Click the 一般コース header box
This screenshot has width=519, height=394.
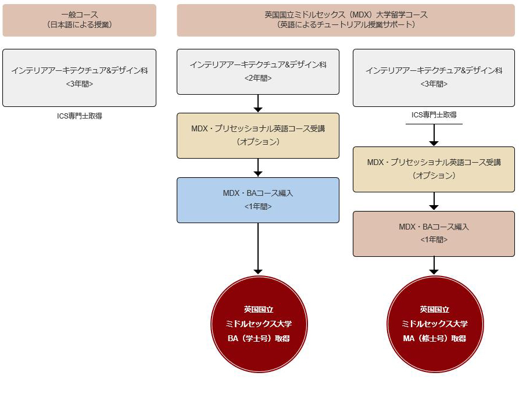pos(80,20)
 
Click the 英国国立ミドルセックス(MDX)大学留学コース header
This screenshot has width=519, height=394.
pos(346,20)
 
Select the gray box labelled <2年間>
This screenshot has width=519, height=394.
pos(258,72)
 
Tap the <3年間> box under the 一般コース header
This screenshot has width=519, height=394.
pos(80,78)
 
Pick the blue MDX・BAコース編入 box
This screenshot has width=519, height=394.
pos(258,200)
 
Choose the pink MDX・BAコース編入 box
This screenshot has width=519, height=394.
pos(434,234)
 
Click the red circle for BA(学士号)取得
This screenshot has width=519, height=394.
pos(259,324)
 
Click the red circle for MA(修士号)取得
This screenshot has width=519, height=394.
pos(435,324)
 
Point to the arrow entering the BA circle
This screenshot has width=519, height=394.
pos(258,249)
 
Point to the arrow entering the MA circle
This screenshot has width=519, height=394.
pos(434,266)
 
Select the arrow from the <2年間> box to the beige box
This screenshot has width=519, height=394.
pos(258,103)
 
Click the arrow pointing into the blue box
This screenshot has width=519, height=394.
pos(258,167)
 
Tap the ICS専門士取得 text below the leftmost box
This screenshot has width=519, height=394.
pos(80,116)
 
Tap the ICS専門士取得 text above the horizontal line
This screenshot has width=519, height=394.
pos(434,114)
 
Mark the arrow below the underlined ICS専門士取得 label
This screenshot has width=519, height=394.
pos(434,135)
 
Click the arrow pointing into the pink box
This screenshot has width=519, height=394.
pos(434,201)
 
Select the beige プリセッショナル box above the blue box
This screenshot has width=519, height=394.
pos(258,136)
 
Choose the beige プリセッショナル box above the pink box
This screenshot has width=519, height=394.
pos(434,169)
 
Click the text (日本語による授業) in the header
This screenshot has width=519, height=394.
pos(80,24)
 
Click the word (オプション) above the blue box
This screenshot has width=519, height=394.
pos(258,142)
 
